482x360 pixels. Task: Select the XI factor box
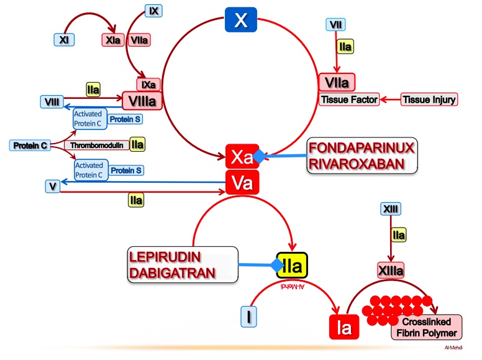(x=64, y=40)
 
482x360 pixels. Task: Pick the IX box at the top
(x=153, y=11)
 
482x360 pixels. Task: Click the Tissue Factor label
(x=350, y=99)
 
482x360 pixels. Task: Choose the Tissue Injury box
(x=429, y=99)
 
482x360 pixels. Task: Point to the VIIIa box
(x=142, y=100)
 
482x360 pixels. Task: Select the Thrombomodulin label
(x=96, y=145)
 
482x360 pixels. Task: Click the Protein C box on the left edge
(x=29, y=145)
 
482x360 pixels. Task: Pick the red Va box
(x=241, y=182)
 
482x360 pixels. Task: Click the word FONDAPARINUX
(x=362, y=149)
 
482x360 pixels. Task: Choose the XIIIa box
(x=391, y=270)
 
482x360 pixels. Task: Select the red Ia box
(x=343, y=327)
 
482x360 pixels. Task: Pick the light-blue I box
(x=249, y=316)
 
